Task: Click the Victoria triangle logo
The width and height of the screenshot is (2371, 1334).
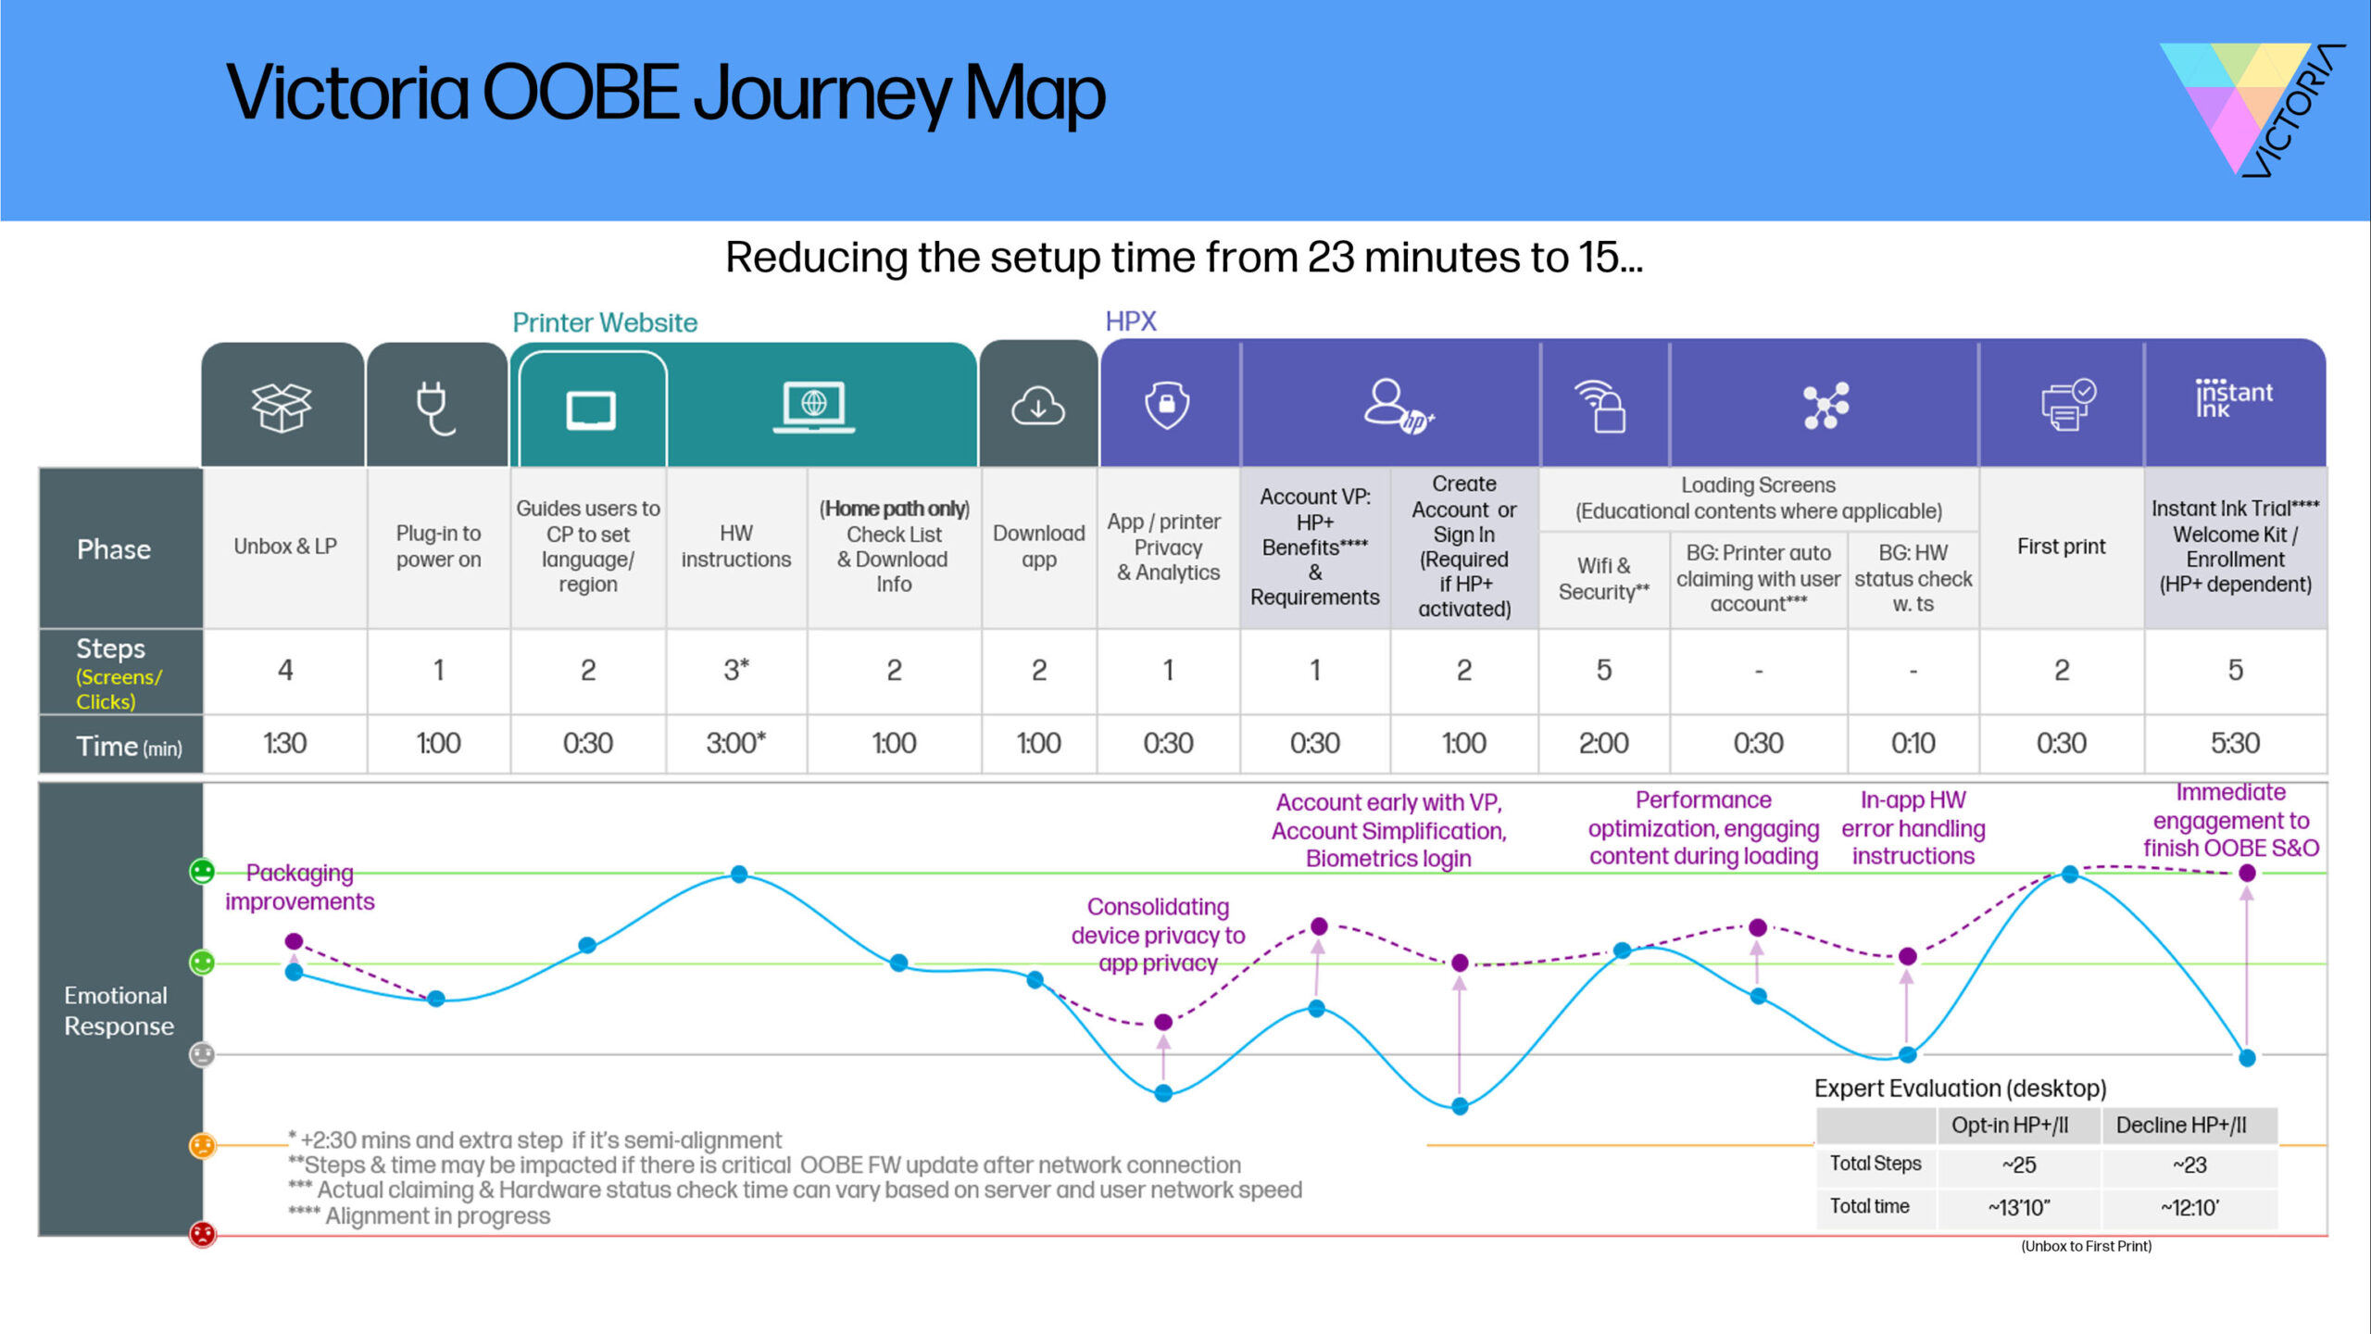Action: click(x=2251, y=107)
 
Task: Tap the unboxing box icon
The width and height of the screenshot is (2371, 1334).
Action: click(x=282, y=407)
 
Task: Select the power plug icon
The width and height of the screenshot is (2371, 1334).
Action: click(x=434, y=407)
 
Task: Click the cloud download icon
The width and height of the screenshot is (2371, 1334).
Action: click(x=1037, y=406)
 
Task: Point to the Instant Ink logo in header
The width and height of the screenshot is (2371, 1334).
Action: click(x=2233, y=398)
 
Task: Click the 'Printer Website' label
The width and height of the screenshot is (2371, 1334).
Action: click(x=605, y=322)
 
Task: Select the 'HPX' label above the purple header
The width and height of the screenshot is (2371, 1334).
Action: click(x=1130, y=321)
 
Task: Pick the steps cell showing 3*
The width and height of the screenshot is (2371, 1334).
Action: click(x=736, y=670)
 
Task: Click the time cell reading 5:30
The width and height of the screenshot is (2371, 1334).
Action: click(x=2234, y=743)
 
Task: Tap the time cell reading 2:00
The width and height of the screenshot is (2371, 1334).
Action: click(x=1603, y=743)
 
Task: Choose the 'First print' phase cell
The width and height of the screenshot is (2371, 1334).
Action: click(x=2061, y=547)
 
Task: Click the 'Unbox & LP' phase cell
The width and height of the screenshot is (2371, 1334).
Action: click(x=284, y=547)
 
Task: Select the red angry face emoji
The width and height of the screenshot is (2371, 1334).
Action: click(x=202, y=1234)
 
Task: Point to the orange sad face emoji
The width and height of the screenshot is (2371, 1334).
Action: click(x=202, y=1145)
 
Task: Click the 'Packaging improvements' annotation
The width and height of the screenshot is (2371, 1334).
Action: click(x=299, y=887)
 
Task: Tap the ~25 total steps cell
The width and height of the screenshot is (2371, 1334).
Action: click(x=2018, y=1164)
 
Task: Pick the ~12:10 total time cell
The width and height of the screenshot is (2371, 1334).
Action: click(x=2189, y=1207)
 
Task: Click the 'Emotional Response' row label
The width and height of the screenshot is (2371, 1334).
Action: click(x=119, y=1011)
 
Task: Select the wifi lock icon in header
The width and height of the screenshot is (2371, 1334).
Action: click(x=1601, y=406)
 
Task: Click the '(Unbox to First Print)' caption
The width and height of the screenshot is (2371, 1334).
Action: click(x=2086, y=1246)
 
